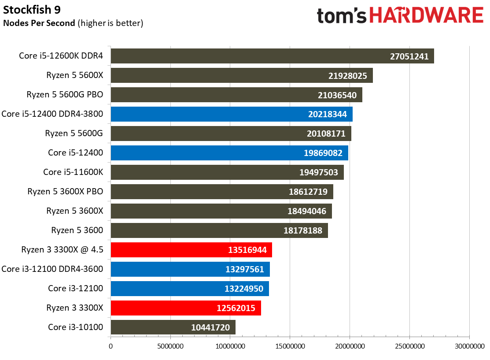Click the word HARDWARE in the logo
(426, 16)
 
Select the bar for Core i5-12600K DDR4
(247, 56)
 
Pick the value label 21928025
(347, 75)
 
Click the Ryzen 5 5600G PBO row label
(64, 95)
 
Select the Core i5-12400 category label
(75, 153)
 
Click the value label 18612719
(308, 192)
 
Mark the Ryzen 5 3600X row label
(74, 211)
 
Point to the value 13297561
(244, 269)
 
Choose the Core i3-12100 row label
(75, 289)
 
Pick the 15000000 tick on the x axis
(290, 347)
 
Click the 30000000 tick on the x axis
(468, 347)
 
